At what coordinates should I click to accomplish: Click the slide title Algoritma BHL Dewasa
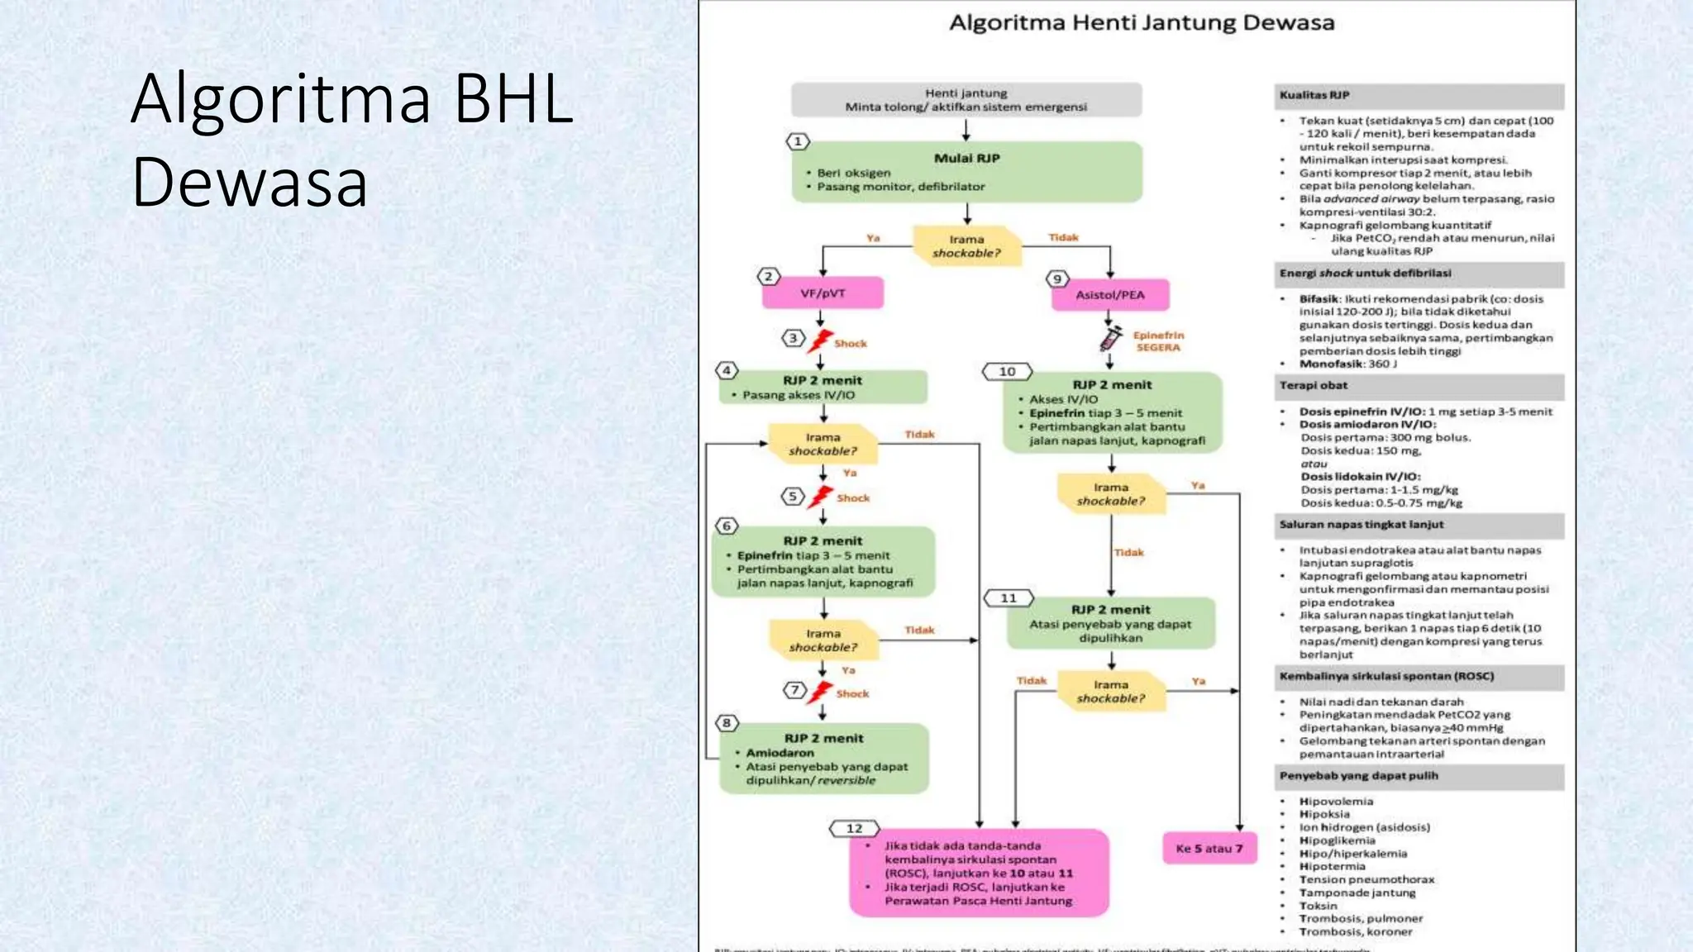[351, 140]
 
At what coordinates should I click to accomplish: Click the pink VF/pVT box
[823, 293]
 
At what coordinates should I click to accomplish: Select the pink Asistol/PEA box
[1110, 295]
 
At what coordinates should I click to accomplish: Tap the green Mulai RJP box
[966, 172]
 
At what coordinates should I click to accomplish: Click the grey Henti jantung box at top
[966, 100]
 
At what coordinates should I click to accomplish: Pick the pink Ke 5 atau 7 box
[1209, 849]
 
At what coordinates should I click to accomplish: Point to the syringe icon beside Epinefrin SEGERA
[1110, 338]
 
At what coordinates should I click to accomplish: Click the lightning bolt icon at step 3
[820, 340]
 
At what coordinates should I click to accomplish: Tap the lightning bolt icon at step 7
[821, 692]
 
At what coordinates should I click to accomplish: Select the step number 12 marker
[854, 828]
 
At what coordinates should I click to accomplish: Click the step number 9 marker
[1057, 279]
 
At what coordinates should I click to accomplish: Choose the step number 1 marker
[798, 141]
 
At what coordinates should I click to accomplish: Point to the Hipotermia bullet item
[1332, 866]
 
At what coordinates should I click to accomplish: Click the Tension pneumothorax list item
[1366, 879]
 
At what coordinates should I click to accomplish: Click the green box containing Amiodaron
[823, 759]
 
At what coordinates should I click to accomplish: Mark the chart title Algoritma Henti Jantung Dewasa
[1142, 23]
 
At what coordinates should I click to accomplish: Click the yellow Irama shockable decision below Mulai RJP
[966, 246]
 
